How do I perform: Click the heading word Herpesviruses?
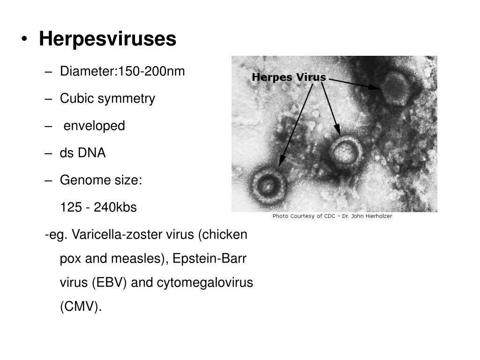107,39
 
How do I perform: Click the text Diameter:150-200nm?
122,71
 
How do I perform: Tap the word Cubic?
76,98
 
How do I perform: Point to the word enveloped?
94,126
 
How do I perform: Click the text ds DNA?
82,153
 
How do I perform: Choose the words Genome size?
101,180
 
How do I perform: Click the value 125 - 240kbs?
98,207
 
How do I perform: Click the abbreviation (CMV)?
81,307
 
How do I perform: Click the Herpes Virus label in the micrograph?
289,77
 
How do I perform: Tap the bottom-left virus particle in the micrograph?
268,183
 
